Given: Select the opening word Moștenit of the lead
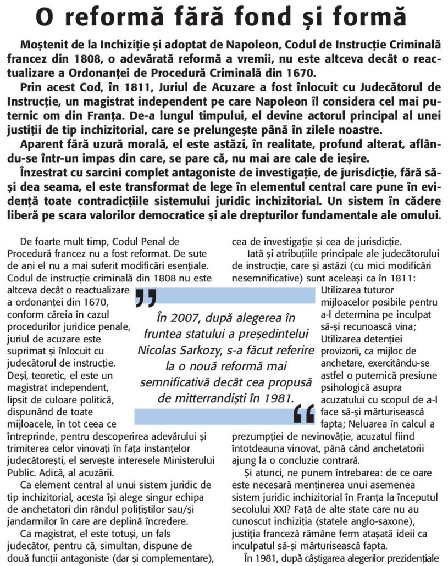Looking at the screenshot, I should click(45, 45).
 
